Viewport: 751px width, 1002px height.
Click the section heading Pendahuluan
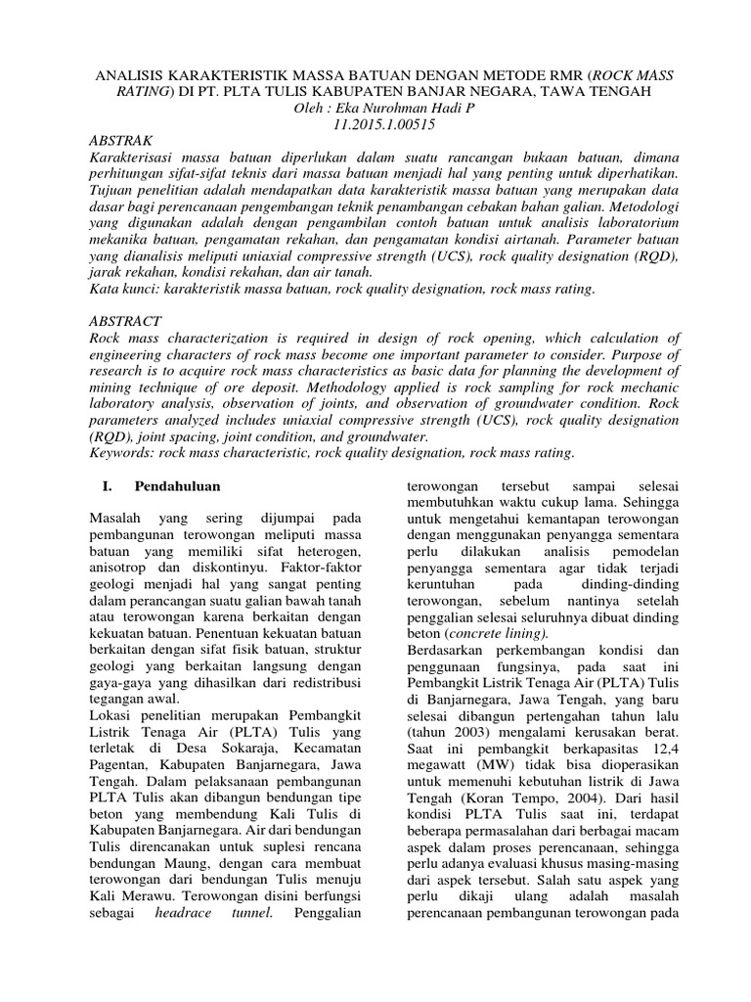point(177,486)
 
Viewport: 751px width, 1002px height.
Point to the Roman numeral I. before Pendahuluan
point(109,486)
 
